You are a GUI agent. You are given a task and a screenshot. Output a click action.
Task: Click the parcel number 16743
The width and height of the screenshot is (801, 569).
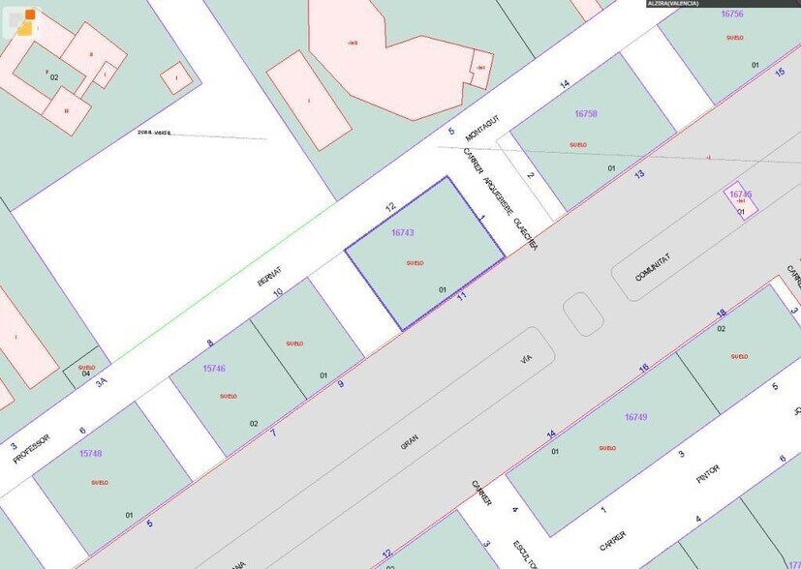point(403,233)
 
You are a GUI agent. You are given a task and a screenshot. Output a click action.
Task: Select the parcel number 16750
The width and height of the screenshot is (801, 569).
point(586,114)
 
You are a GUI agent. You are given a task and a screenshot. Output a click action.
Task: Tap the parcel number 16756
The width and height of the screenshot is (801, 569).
point(732,14)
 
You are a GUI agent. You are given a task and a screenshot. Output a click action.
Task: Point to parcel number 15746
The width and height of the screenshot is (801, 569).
point(214,369)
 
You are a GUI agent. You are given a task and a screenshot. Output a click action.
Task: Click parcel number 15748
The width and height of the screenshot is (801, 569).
point(90,453)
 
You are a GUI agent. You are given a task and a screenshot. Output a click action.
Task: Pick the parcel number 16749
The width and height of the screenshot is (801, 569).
point(635,417)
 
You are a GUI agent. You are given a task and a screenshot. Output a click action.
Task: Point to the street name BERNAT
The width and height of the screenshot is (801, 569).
point(267,274)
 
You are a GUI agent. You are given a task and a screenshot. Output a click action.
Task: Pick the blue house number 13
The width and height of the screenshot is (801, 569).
point(639,174)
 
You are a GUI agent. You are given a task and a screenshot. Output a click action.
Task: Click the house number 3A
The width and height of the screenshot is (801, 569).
point(102,382)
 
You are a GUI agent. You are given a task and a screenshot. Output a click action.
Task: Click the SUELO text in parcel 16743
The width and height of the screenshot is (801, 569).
point(415,263)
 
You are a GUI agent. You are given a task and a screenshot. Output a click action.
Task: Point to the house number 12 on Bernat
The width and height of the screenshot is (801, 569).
point(390,207)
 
